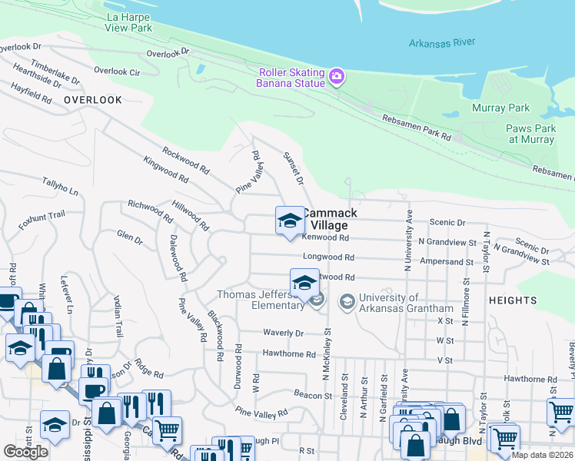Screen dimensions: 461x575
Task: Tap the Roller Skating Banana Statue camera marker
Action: tap(336, 76)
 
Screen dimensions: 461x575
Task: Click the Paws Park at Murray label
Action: tap(530, 134)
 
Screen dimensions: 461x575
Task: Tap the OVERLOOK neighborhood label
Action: tap(93, 100)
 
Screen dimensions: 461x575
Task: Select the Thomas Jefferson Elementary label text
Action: tap(260, 300)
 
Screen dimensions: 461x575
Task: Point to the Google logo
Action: tap(25, 452)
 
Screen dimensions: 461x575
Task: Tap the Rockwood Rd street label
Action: tap(186, 160)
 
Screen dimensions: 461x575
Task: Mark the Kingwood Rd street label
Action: tap(166, 168)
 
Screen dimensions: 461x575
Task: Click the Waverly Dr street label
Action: tap(284, 333)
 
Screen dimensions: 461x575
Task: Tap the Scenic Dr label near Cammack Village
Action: tap(450, 222)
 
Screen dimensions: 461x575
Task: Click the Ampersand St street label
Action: tap(447, 262)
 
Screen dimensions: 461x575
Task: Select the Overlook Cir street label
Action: tap(117, 71)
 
